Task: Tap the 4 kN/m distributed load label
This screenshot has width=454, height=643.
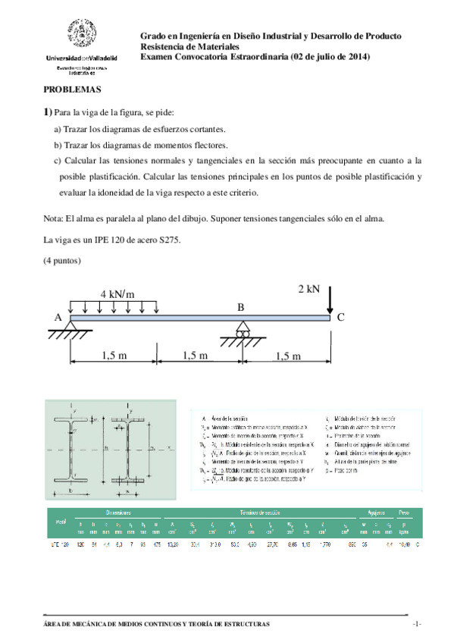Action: pos(117,293)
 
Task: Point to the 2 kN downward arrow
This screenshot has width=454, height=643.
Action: pos(330,303)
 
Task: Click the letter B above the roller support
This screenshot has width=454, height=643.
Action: pos(241,307)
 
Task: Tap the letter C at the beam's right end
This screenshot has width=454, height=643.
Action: pos(340,318)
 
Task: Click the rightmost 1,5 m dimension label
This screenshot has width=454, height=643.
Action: pos(287,356)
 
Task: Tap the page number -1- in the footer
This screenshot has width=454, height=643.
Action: pos(416,623)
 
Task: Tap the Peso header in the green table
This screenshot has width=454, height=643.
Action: pos(407,491)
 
